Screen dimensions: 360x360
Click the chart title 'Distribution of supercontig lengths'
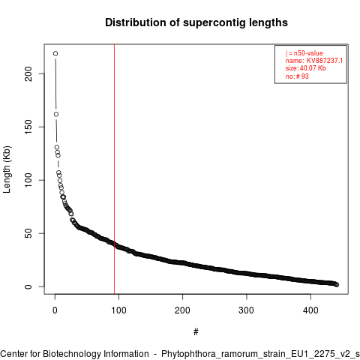click(x=196, y=22)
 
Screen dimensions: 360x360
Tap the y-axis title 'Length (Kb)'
click(x=7, y=169)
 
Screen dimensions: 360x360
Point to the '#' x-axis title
click(x=196, y=332)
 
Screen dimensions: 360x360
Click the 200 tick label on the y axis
click(x=28, y=73)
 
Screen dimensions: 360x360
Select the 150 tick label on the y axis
click(x=28, y=127)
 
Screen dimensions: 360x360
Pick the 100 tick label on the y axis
click(x=28, y=180)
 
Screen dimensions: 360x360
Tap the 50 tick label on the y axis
click(x=28, y=233)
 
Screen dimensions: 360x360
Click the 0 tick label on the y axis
click(x=28, y=286)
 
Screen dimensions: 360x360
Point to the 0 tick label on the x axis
click(x=55, y=310)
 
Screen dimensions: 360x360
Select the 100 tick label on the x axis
click(x=118, y=310)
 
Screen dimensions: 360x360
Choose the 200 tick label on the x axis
click(x=183, y=310)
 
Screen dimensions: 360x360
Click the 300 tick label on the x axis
click(x=247, y=310)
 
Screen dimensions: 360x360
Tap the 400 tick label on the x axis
click(x=310, y=310)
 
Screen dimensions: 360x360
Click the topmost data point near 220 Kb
click(x=55, y=53)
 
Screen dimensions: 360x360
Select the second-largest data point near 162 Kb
click(x=56, y=114)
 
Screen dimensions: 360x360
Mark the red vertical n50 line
click(x=114, y=169)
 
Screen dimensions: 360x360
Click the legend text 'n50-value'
click(x=308, y=53)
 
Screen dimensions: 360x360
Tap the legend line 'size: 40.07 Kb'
click(x=306, y=68)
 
